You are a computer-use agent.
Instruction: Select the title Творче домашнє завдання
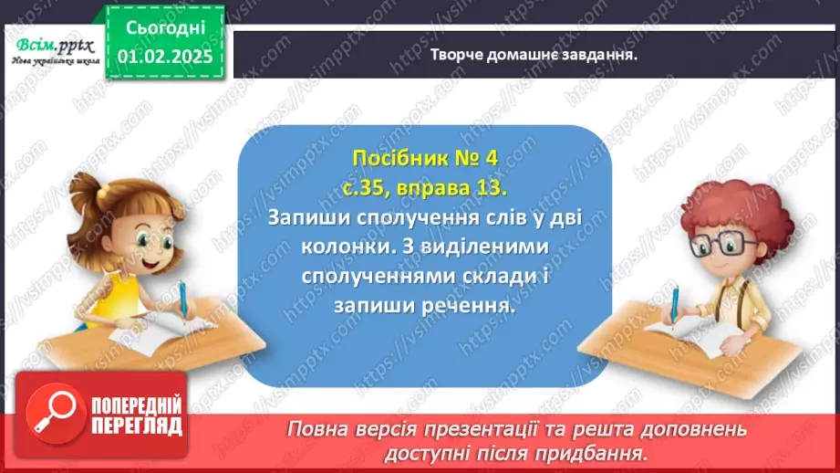(x=533, y=54)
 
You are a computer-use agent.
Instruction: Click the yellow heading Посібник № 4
(x=425, y=158)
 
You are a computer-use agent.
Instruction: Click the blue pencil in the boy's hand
(x=675, y=304)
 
